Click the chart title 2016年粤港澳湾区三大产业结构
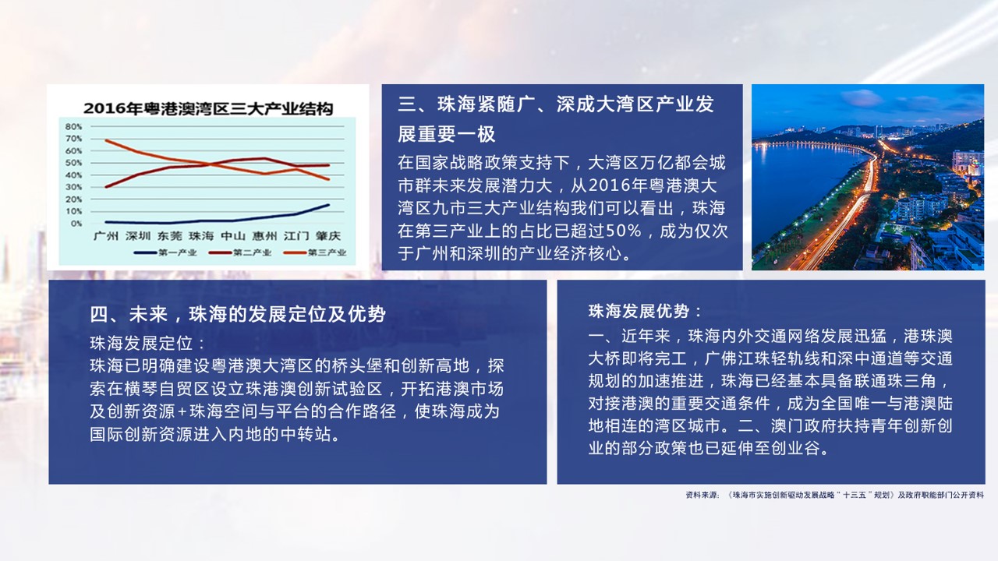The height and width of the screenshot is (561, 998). click(208, 108)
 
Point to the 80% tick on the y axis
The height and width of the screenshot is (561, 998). click(73, 126)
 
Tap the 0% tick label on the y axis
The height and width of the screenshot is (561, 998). click(76, 224)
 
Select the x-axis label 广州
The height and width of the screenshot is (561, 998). click(105, 235)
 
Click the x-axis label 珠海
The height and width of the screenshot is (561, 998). click(201, 235)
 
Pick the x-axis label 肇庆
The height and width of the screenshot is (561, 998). click(328, 235)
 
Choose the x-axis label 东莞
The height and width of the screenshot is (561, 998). click(169, 235)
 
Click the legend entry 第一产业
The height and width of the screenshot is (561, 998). click(165, 252)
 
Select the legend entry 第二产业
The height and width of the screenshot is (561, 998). click(240, 252)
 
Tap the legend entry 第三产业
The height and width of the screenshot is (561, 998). click(315, 252)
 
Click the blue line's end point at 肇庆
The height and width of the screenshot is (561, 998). click(329, 205)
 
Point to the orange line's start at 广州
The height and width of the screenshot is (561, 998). click(106, 140)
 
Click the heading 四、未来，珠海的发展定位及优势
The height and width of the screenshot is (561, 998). click(238, 314)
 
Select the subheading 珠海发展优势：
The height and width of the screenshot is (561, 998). click(645, 311)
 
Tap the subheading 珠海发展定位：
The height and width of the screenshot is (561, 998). click(147, 344)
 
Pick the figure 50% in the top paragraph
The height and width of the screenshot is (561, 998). click(623, 231)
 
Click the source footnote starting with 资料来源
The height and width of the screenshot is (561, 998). click(834, 495)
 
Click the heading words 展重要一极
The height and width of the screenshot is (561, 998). click(447, 134)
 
